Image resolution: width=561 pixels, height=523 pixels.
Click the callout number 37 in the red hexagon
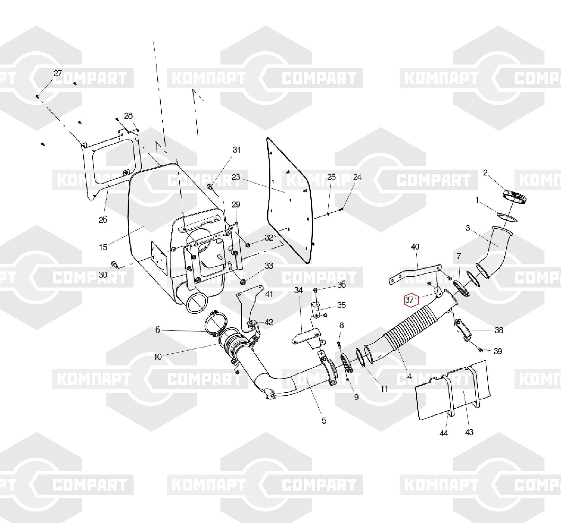(409, 300)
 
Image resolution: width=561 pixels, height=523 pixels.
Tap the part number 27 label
(58, 73)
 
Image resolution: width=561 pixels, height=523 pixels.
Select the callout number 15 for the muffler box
(103, 247)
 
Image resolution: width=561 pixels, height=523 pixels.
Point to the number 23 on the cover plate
(236, 177)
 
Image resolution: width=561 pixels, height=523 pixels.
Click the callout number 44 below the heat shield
(443, 433)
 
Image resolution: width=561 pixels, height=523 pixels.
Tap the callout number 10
(158, 357)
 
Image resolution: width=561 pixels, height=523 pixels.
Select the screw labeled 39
(480, 350)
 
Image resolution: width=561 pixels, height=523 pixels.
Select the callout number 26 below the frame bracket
(103, 220)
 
